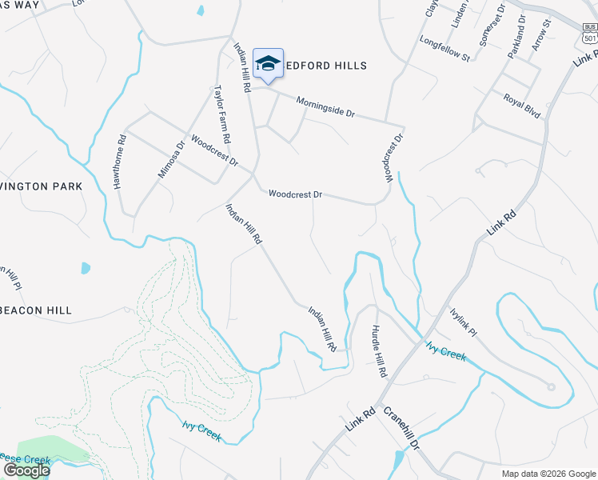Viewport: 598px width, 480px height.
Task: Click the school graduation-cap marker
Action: coord(268,64)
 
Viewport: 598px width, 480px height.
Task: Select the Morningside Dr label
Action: coord(325,106)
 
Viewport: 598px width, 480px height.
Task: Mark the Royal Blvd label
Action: coord(522,105)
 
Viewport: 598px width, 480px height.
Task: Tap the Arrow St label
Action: coord(543,36)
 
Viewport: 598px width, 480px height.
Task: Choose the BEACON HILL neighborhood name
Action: coord(36,310)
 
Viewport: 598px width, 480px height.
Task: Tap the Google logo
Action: coord(26,470)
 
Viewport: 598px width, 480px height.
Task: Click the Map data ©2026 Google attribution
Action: coord(548,474)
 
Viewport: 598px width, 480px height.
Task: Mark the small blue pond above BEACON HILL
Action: coord(86,268)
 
